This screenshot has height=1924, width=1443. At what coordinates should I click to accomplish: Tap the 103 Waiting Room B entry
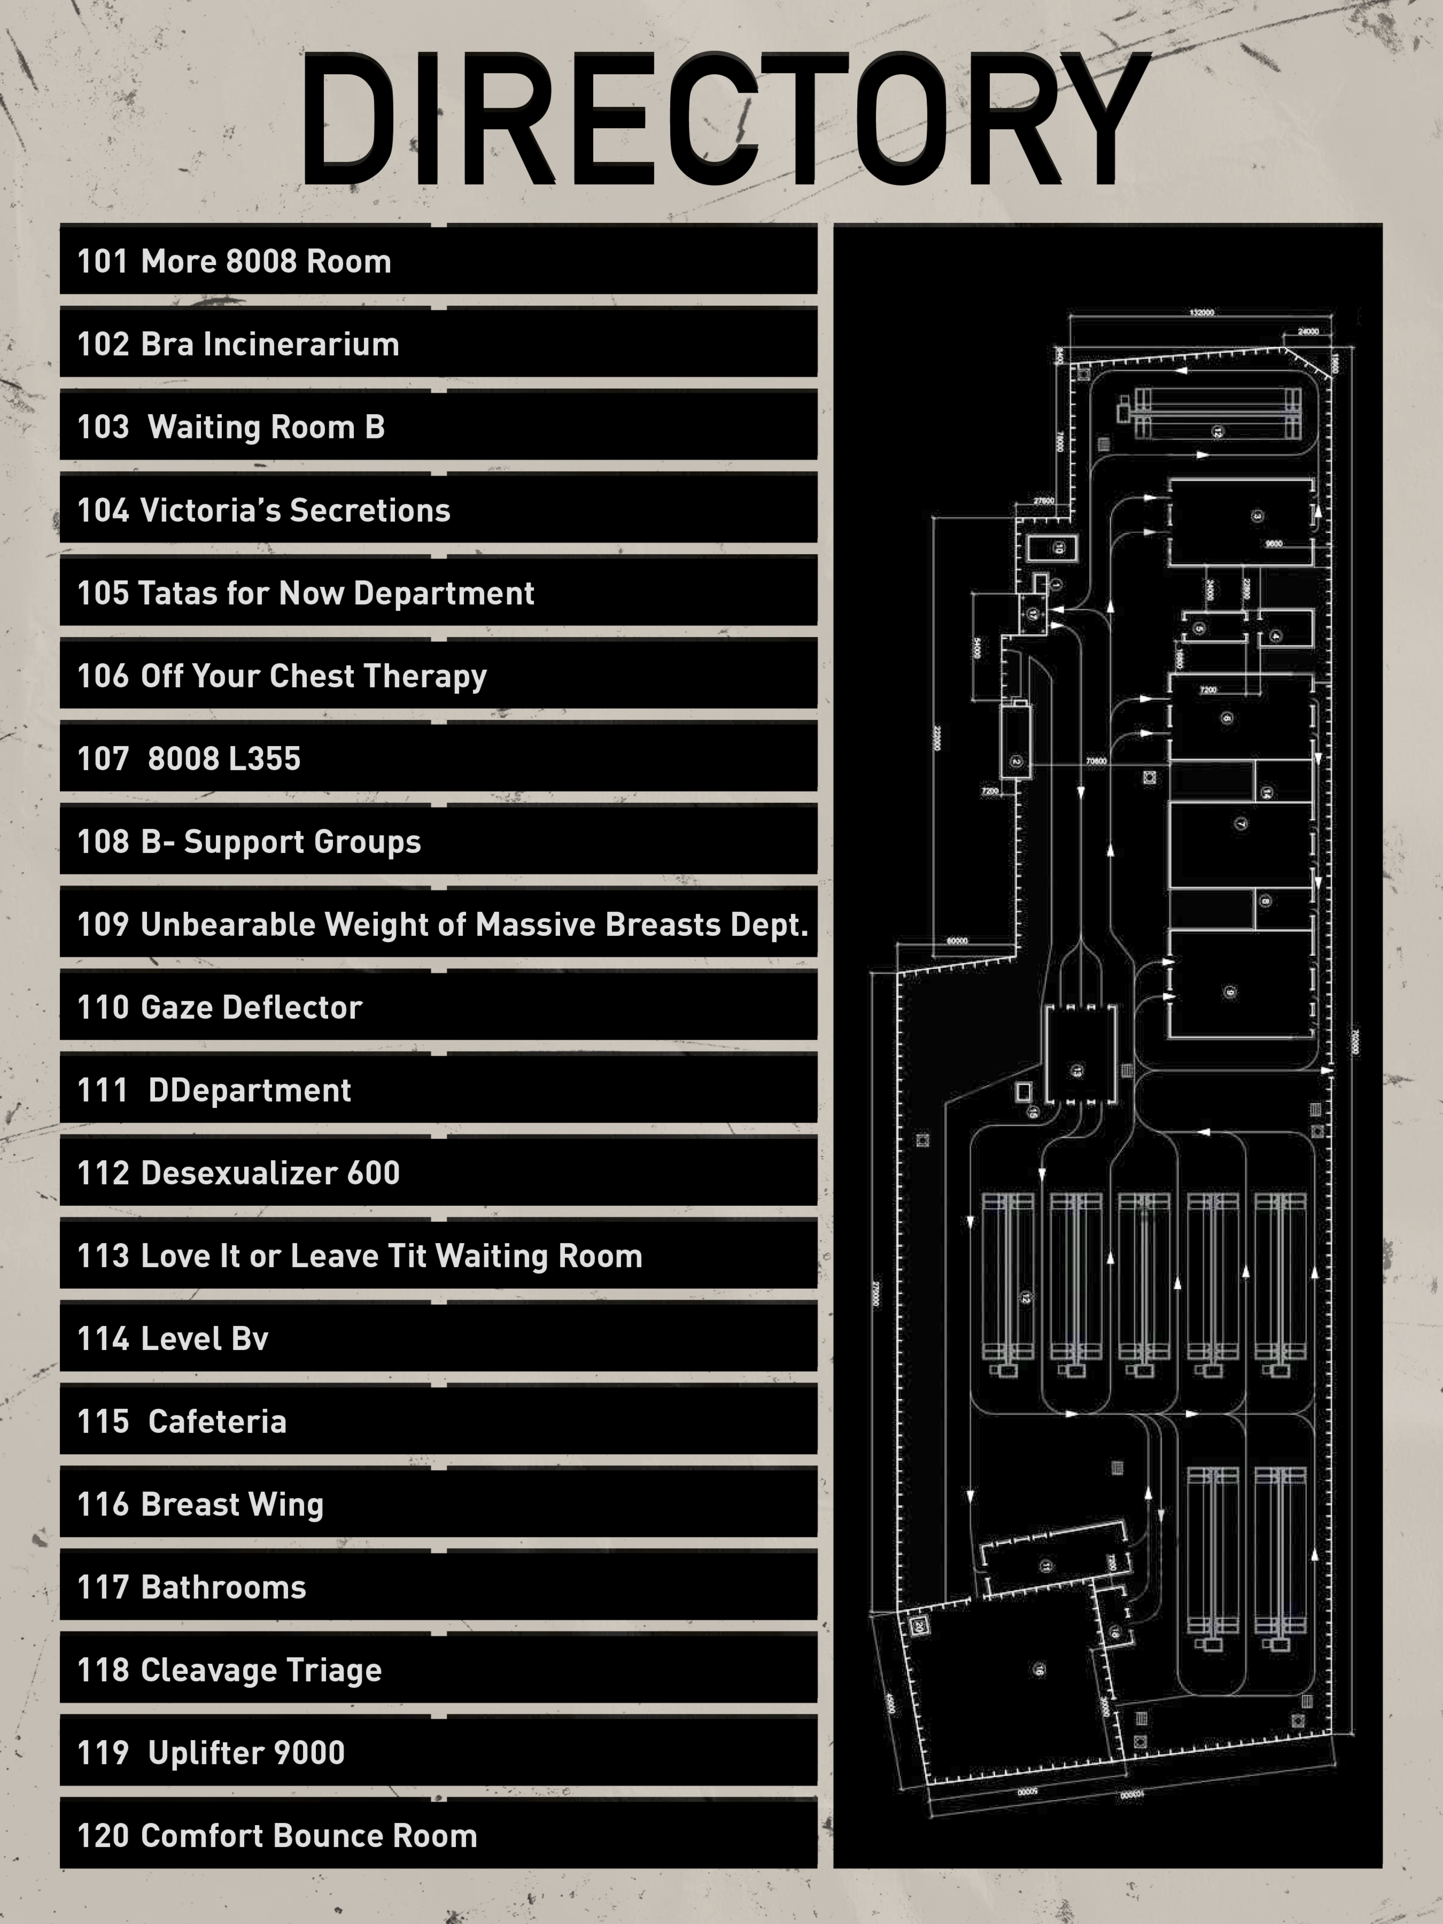231,427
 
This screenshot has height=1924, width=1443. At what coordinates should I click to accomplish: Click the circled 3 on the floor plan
1256,516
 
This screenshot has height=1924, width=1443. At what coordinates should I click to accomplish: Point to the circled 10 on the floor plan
1058,548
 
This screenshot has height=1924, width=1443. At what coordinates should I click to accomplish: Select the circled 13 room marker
1077,1071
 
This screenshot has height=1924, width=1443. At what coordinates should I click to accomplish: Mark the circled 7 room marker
1240,823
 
